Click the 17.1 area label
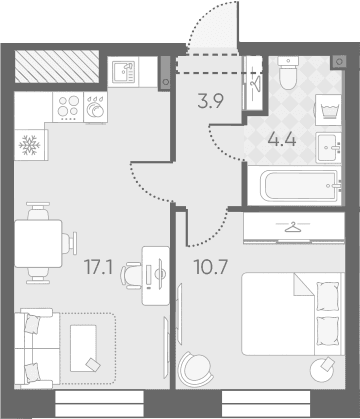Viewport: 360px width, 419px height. [x=99, y=267]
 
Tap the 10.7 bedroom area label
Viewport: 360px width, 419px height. [x=211, y=267]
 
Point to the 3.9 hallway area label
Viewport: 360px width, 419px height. [x=210, y=101]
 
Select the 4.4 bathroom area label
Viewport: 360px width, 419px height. [x=282, y=140]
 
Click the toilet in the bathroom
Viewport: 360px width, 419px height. [x=288, y=72]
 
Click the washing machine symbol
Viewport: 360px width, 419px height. [x=328, y=110]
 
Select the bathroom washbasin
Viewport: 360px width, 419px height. [x=328, y=148]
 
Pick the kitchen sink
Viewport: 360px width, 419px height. [x=123, y=72]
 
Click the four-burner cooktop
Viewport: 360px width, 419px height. [x=68, y=107]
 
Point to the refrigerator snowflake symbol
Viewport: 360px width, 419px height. [x=30, y=145]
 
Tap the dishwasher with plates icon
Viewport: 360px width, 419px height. [x=95, y=107]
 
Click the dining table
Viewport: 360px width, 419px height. [x=38, y=243]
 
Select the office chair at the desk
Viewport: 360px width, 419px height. [x=131, y=275]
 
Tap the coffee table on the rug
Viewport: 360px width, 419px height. [x=84, y=348]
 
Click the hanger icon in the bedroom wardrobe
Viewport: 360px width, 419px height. [x=292, y=228]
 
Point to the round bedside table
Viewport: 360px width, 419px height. [x=323, y=369]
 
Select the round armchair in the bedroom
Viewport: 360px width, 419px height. [x=195, y=369]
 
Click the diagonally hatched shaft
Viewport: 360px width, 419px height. [x=57, y=67]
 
